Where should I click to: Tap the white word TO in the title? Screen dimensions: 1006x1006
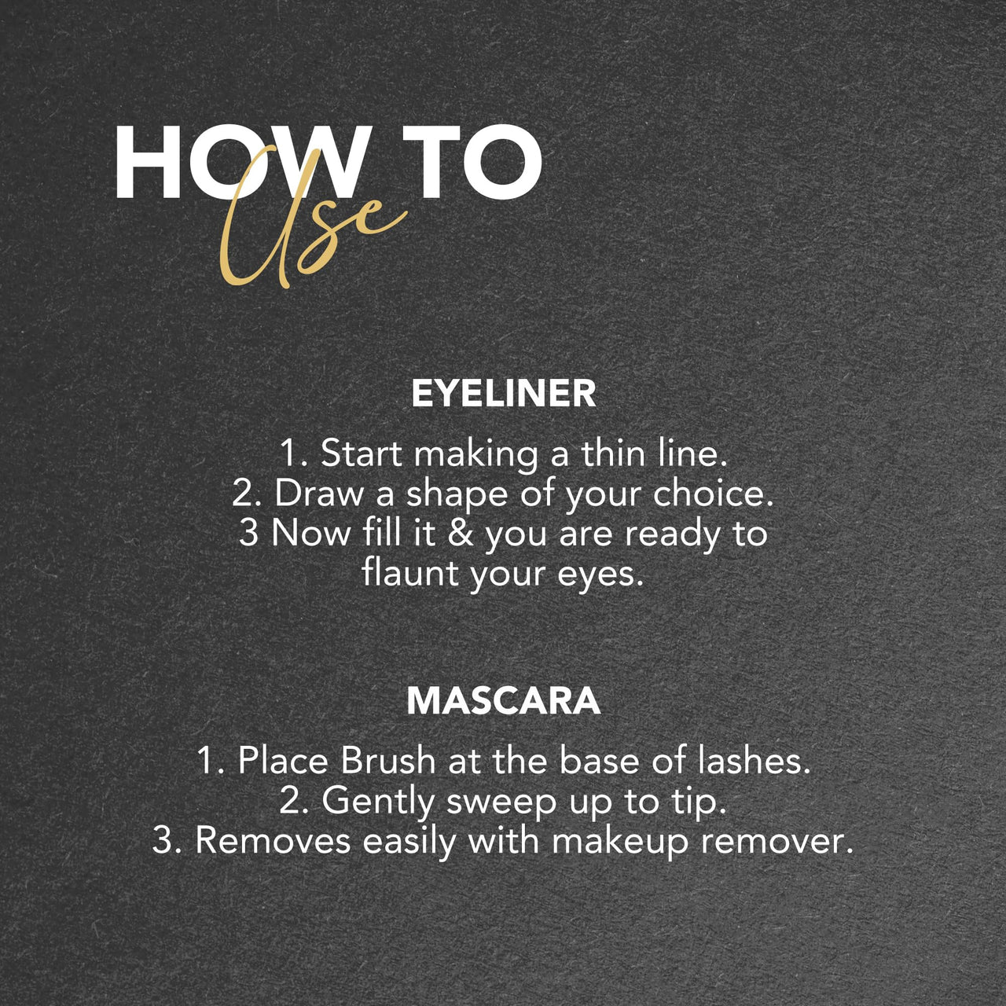coord(473,163)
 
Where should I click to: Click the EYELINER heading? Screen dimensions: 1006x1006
coord(503,393)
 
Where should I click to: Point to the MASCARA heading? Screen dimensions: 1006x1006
coord(503,700)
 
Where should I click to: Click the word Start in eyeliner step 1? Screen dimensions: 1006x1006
coord(362,453)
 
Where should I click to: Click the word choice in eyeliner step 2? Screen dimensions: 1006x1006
coord(714,493)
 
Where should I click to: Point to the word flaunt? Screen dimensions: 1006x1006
coord(410,572)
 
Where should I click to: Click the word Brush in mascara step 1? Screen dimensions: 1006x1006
coord(388,760)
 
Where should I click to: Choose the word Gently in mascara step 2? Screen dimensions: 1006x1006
coord(378,802)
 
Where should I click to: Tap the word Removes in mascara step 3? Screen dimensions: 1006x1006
coord(273,840)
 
